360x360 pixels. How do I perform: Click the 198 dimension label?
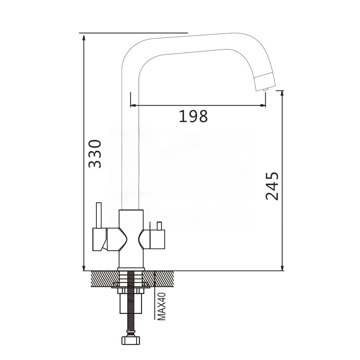tap(193, 116)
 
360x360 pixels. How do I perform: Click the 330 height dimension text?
tap(95, 154)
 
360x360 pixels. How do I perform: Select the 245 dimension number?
tap(272, 186)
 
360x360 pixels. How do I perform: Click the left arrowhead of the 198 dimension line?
tap(133, 105)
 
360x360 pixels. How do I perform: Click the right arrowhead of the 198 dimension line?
tap(263, 105)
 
